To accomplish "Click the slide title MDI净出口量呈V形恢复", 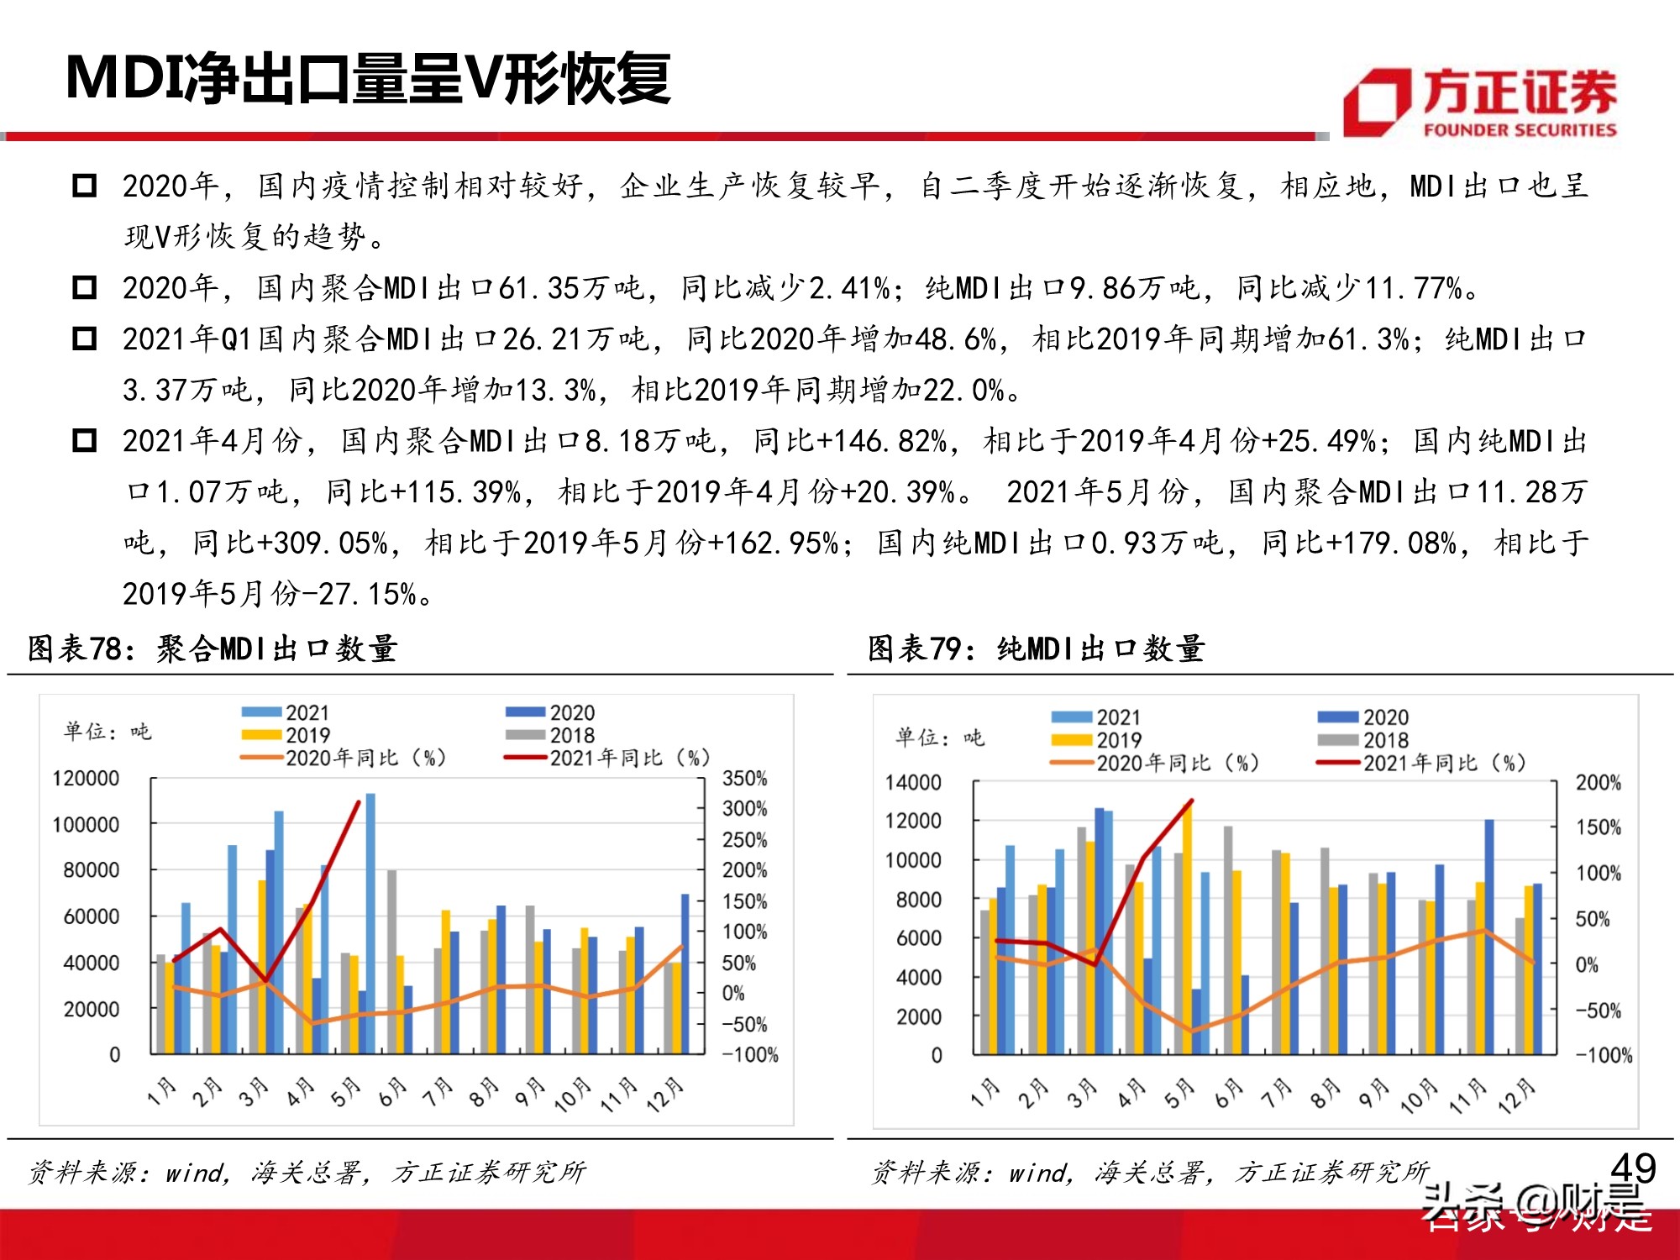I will pos(368,78).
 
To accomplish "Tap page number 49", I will pos(1632,1168).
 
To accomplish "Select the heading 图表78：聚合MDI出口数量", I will pos(213,648).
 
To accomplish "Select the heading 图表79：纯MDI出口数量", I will pos(1037,648).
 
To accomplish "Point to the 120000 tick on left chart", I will pos(86,779).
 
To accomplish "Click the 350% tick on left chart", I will pos(744,779).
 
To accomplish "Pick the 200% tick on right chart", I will pos(1598,783).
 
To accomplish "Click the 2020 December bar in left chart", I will pos(685,974).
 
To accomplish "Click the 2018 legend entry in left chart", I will pos(571,736).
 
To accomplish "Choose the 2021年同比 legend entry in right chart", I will pos(1443,764).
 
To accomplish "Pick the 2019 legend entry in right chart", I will pos(1118,741).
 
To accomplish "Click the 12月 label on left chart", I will pos(665,1095).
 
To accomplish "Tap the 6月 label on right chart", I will pos(1230,1094).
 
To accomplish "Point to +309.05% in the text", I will pos(323,543).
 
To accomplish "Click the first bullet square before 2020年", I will pos(85,186).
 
